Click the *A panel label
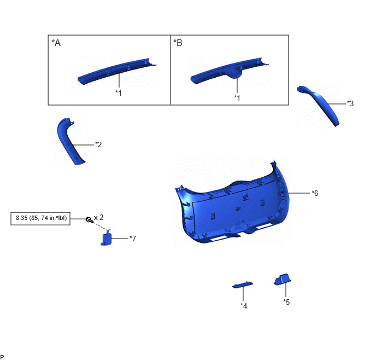coord(56,43)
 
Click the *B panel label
coord(178,43)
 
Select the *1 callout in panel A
coord(119,92)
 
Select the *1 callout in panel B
coord(237,98)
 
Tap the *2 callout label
coord(98,144)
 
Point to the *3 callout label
coord(350,103)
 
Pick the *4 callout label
coord(244,306)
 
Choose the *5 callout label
coord(286,301)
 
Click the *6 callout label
coord(315,193)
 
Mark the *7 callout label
coord(133,239)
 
